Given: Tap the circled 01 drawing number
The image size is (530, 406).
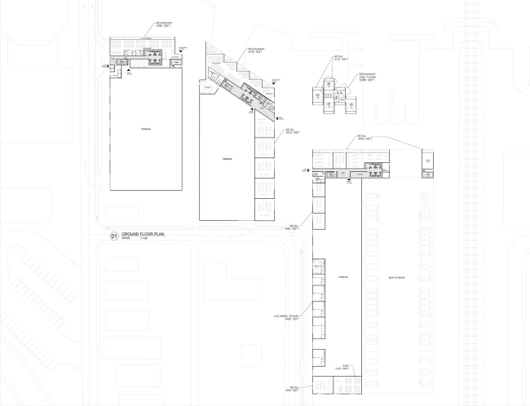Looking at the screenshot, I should (113, 237).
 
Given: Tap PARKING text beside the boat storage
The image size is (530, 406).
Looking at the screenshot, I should (343, 278).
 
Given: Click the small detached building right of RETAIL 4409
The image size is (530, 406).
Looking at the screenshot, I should (427, 163).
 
